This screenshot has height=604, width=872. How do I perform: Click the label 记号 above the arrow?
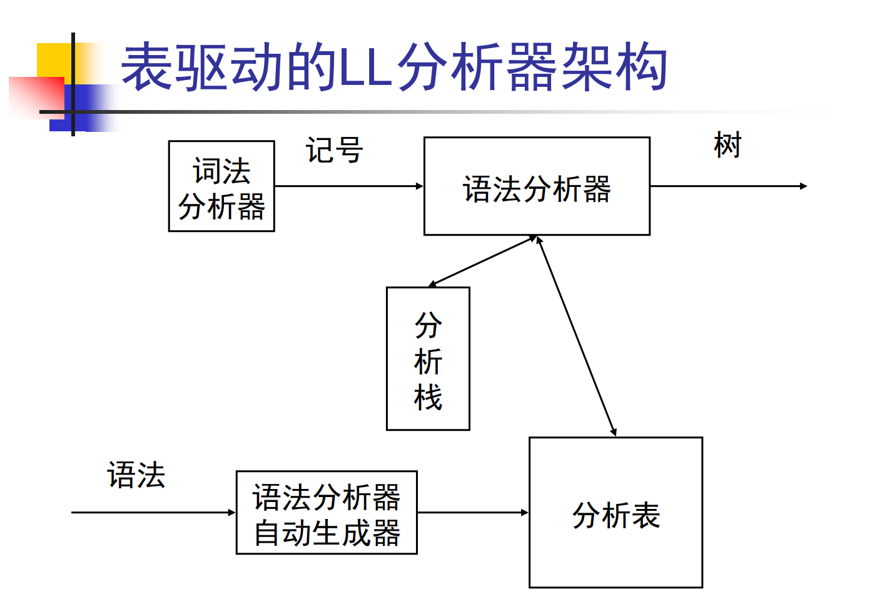coord(335,150)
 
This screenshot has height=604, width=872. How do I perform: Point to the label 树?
coord(728,145)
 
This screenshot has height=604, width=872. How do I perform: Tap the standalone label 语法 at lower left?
coord(136,475)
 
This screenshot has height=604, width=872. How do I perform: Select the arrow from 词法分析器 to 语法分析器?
coord(349,186)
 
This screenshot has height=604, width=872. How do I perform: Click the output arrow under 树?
coord(729,186)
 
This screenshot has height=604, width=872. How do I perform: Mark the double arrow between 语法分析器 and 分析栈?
coord(483,261)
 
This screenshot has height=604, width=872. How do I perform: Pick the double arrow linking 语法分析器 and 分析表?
coord(577,336)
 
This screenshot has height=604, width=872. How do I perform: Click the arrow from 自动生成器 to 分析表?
coord(473,513)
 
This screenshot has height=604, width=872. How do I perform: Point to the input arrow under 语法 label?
coord(153,513)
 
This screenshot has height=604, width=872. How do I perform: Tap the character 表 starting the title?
coord(147,66)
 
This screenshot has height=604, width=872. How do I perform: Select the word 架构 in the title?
coord(615,66)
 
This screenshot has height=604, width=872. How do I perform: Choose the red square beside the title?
coord(36,98)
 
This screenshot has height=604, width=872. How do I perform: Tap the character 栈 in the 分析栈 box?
coord(428,397)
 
